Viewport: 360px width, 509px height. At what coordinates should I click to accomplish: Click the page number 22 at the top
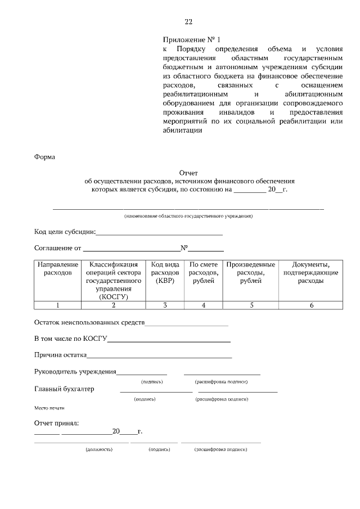pyautogui.click(x=188, y=22)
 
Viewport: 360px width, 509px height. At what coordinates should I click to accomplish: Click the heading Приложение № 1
pyautogui.click(x=192, y=40)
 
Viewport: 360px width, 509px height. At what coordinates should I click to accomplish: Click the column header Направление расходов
pyautogui.click(x=57, y=268)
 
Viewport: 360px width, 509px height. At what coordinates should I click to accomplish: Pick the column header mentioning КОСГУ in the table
pyautogui.click(x=113, y=280)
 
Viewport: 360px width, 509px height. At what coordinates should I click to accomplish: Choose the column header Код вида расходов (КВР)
pyautogui.click(x=165, y=272)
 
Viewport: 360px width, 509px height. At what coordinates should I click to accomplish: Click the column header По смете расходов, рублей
pyautogui.click(x=204, y=272)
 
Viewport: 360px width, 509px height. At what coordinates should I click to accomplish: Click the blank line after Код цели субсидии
pyautogui.click(x=160, y=233)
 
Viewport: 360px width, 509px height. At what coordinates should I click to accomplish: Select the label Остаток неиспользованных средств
pyautogui.click(x=89, y=323)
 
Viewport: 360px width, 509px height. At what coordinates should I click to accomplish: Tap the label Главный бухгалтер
pyautogui.click(x=64, y=389)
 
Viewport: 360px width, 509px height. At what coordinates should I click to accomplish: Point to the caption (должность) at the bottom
pyautogui.click(x=99, y=450)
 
